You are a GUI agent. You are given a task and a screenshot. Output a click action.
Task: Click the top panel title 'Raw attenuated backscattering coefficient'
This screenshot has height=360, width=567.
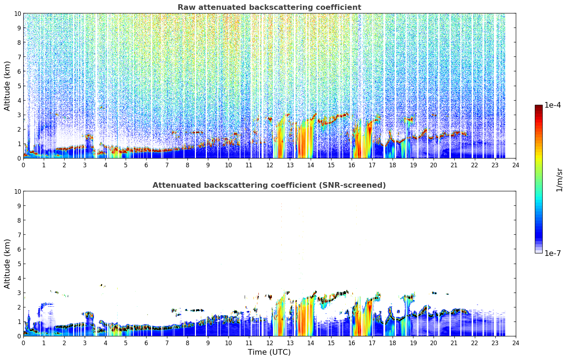269,7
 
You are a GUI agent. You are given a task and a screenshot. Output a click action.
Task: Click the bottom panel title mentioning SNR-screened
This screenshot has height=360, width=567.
269,185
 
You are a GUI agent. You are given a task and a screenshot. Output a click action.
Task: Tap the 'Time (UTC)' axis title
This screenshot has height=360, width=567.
269,352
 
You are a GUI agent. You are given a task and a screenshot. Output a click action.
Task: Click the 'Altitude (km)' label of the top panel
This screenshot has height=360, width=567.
7,86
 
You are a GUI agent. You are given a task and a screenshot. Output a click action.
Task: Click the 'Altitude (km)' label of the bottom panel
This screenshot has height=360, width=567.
7,264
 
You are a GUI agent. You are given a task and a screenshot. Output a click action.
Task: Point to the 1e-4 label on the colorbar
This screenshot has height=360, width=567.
553,105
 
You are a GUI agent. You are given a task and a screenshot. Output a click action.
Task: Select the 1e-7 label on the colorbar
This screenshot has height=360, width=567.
553,253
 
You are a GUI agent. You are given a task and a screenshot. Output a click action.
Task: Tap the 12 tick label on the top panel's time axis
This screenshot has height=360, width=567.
270,165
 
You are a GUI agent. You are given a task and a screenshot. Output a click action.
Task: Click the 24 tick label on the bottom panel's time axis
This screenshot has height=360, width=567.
515,343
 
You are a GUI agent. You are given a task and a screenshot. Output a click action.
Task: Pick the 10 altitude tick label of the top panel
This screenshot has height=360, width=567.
17,13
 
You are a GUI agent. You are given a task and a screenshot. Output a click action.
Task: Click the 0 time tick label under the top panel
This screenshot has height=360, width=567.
23,165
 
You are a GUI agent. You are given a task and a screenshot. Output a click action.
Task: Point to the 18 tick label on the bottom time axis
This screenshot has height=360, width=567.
393,343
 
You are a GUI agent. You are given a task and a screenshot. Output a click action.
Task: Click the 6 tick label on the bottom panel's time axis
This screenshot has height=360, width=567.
146,343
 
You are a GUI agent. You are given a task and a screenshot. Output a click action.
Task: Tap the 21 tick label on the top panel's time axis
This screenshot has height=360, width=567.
454,165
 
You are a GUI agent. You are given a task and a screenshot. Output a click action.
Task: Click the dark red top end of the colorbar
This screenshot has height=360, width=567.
539,106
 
